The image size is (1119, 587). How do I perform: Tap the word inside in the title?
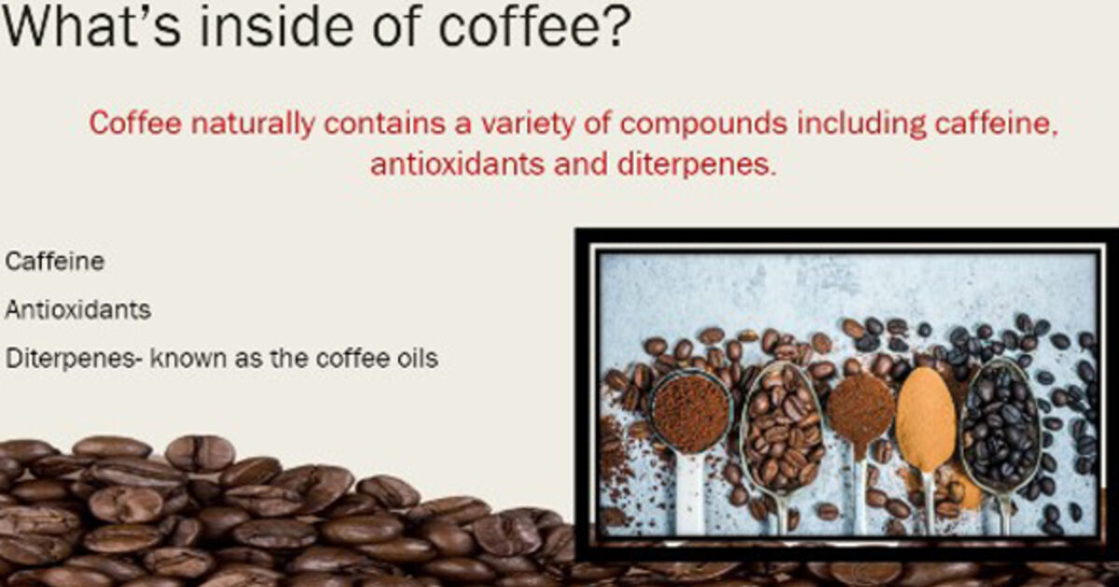click(x=276, y=25)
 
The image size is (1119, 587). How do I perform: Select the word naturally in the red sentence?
click(x=253, y=123)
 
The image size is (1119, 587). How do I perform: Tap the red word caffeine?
click(x=996, y=123)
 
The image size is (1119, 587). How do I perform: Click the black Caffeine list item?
click(x=54, y=261)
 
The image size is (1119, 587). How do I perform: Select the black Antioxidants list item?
click(x=78, y=309)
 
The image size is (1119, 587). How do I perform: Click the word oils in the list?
click(x=418, y=358)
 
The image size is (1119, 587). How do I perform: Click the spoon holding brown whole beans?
click(x=781, y=430)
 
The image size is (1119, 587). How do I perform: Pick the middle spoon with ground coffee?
click(x=860, y=412)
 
